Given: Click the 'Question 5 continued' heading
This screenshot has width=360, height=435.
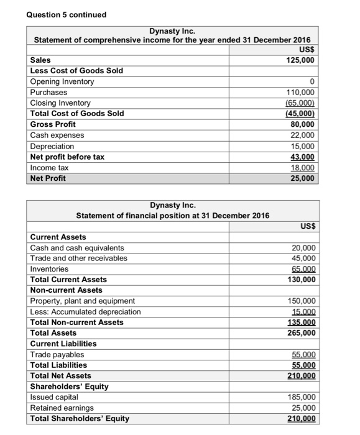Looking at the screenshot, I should [x=67, y=14].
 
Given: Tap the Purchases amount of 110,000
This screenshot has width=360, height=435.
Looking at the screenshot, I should [x=301, y=93].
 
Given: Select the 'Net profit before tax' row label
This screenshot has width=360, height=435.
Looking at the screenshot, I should [x=67, y=157].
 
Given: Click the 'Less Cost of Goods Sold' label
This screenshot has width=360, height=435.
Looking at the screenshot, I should [x=76, y=71].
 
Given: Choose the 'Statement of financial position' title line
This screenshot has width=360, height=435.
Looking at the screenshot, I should [x=172, y=216].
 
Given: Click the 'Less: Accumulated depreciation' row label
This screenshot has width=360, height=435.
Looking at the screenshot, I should [x=85, y=312].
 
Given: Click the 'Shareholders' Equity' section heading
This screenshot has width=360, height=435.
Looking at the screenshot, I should [x=69, y=387].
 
